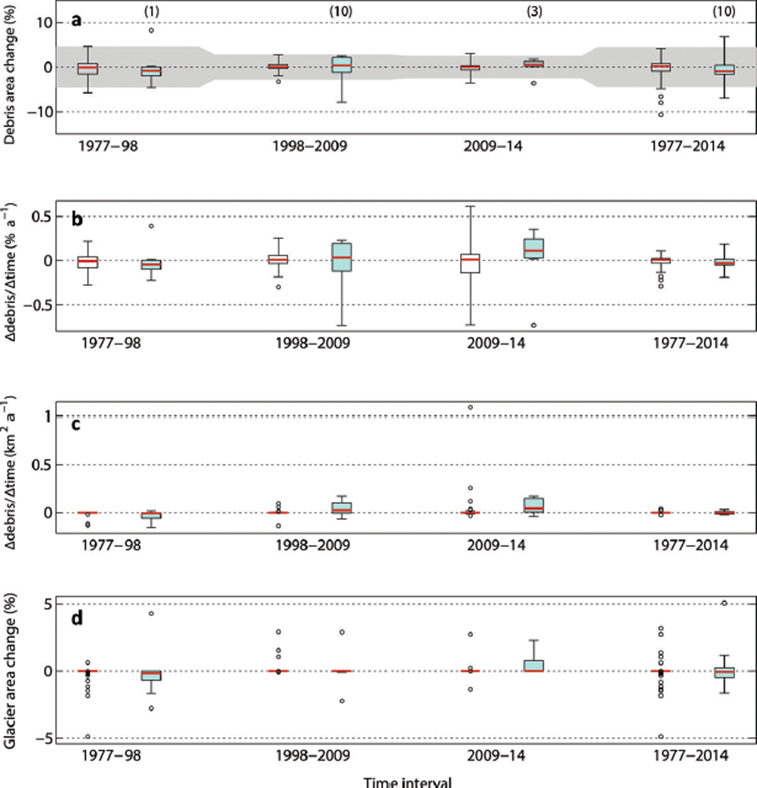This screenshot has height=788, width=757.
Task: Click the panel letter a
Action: [x=77, y=21]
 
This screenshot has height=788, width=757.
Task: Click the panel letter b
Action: [x=77, y=219]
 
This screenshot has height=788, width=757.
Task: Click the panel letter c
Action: [x=76, y=424]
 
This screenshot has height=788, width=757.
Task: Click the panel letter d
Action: [x=77, y=617]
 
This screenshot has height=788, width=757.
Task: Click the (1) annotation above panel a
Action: [x=152, y=11]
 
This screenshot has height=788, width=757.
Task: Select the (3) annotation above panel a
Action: [x=534, y=11]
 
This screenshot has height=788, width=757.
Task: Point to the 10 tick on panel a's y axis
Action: [x=45, y=23]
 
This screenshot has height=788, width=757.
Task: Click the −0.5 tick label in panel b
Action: [x=37, y=305]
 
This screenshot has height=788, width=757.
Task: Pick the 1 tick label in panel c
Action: [x=48, y=416]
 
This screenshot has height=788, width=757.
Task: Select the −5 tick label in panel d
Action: [x=45, y=738]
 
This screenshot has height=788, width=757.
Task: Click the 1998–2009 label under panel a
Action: [x=310, y=146]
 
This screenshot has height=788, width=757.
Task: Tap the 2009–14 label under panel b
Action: [x=496, y=343]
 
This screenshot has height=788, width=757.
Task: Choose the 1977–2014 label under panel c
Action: [x=690, y=545]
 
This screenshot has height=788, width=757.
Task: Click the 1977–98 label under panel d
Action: [x=111, y=755]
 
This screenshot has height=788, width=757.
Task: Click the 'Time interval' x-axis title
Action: [x=407, y=782]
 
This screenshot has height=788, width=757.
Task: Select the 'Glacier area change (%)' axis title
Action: [x=10, y=671]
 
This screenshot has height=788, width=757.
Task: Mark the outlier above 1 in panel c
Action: [x=470, y=407]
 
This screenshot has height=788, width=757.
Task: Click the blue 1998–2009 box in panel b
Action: [x=342, y=257]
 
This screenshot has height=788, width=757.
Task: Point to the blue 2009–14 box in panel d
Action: [x=534, y=665]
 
